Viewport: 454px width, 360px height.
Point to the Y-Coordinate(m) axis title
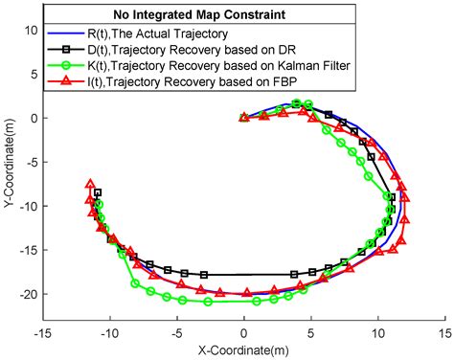(9, 182)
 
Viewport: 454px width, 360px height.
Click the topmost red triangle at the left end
(90, 184)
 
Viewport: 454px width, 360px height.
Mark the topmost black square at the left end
(98, 193)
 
